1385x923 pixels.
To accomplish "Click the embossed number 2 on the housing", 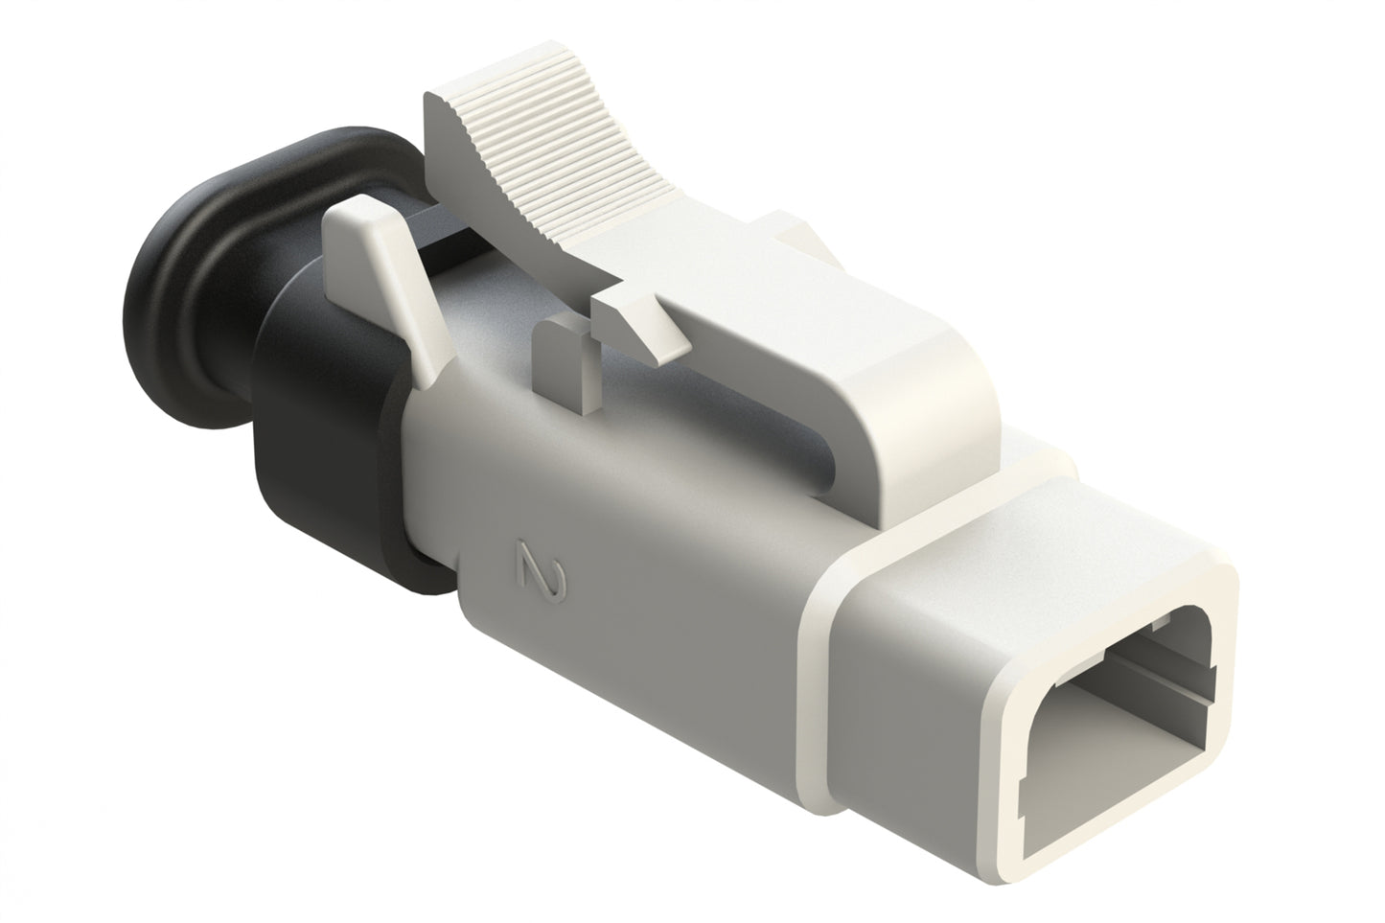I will click(x=539, y=573).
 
